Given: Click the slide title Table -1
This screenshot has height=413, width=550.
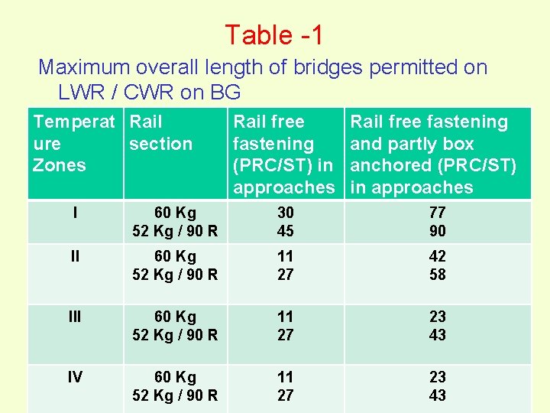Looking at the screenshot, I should click(273, 34).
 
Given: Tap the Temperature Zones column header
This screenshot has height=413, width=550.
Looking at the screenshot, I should click(73, 143).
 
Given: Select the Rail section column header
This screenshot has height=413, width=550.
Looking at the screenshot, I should click(160, 132).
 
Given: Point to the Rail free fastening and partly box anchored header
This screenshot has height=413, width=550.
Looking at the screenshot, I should click(432, 154).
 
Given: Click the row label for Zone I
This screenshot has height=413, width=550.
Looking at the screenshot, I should click(75, 213).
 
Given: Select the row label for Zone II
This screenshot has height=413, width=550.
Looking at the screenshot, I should click(75, 256).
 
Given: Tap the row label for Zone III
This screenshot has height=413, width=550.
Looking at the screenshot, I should click(75, 317).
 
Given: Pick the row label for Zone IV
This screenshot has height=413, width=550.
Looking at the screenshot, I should click(75, 377).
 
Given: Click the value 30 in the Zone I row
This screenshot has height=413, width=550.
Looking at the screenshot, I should click(286, 213).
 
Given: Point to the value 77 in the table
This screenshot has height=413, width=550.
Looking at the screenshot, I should click(438, 213).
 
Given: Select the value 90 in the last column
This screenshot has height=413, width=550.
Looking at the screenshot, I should click(438, 231).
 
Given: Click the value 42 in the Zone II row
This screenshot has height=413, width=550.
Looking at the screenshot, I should click(438, 256).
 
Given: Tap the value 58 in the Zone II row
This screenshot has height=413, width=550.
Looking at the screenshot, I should click(438, 274).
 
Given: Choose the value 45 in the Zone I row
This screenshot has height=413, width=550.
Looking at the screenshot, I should click(286, 231).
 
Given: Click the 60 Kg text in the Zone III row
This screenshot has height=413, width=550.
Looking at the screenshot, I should click(175, 317).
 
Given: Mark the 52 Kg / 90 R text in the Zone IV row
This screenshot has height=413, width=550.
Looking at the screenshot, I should click(175, 395).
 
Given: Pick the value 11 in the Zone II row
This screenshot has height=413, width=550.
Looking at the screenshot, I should click(286, 256).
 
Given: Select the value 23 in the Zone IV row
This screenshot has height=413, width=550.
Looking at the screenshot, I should click(438, 377).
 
